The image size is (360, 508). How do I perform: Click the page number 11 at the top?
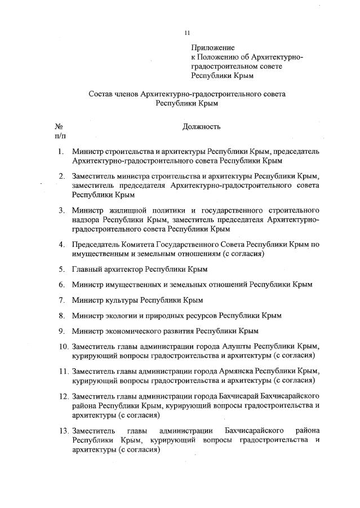(x=188, y=33)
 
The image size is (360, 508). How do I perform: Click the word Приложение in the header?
(x=212, y=48)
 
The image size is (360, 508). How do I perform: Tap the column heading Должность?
(x=201, y=127)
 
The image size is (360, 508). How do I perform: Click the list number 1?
(x=60, y=152)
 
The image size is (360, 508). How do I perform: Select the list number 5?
(x=60, y=270)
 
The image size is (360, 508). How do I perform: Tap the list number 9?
(x=60, y=331)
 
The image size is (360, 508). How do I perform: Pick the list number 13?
(x=63, y=431)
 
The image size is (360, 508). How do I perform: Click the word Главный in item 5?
(x=88, y=270)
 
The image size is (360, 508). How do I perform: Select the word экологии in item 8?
(x=121, y=316)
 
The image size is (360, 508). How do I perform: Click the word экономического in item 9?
(x=130, y=331)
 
